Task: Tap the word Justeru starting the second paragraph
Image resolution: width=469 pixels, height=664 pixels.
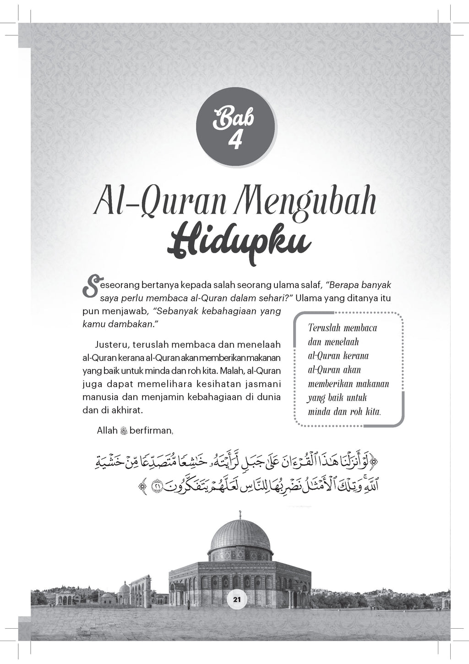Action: point(112,344)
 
